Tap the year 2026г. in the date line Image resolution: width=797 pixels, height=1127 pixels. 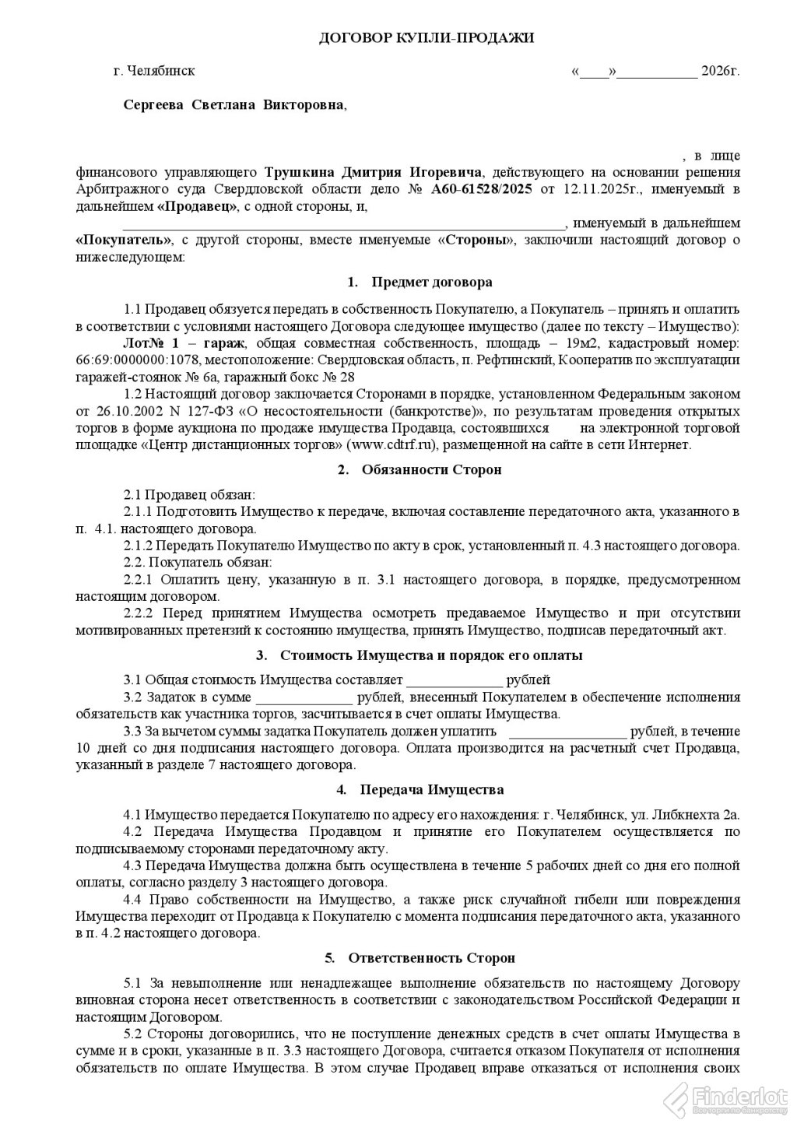point(720,71)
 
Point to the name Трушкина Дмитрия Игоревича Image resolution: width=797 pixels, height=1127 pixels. point(374,172)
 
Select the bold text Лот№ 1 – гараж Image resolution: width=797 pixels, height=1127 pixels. point(184,343)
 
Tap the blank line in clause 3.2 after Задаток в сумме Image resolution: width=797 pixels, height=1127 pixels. point(304,698)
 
